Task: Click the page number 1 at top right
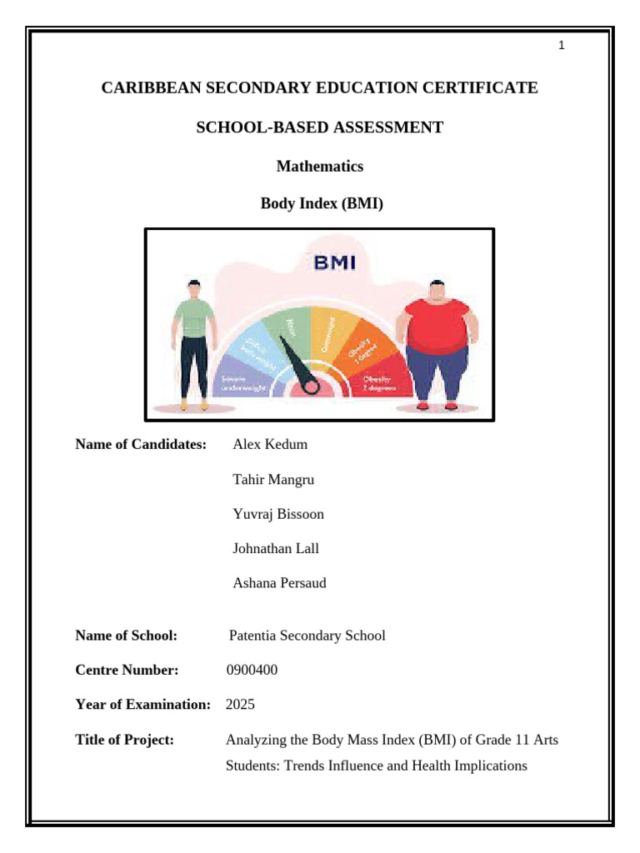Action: point(562,46)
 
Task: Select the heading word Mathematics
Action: point(319,166)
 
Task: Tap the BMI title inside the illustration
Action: point(333,263)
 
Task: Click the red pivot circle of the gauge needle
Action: point(310,386)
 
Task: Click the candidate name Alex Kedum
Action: point(270,444)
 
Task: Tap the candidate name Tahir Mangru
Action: point(273,479)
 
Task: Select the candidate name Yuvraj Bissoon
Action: point(278,514)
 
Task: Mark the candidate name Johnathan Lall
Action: point(276,548)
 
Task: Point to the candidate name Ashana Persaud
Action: point(279,583)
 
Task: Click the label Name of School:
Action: point(127,636)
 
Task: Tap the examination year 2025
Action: point(240,705)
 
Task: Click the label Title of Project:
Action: point(124,740)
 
